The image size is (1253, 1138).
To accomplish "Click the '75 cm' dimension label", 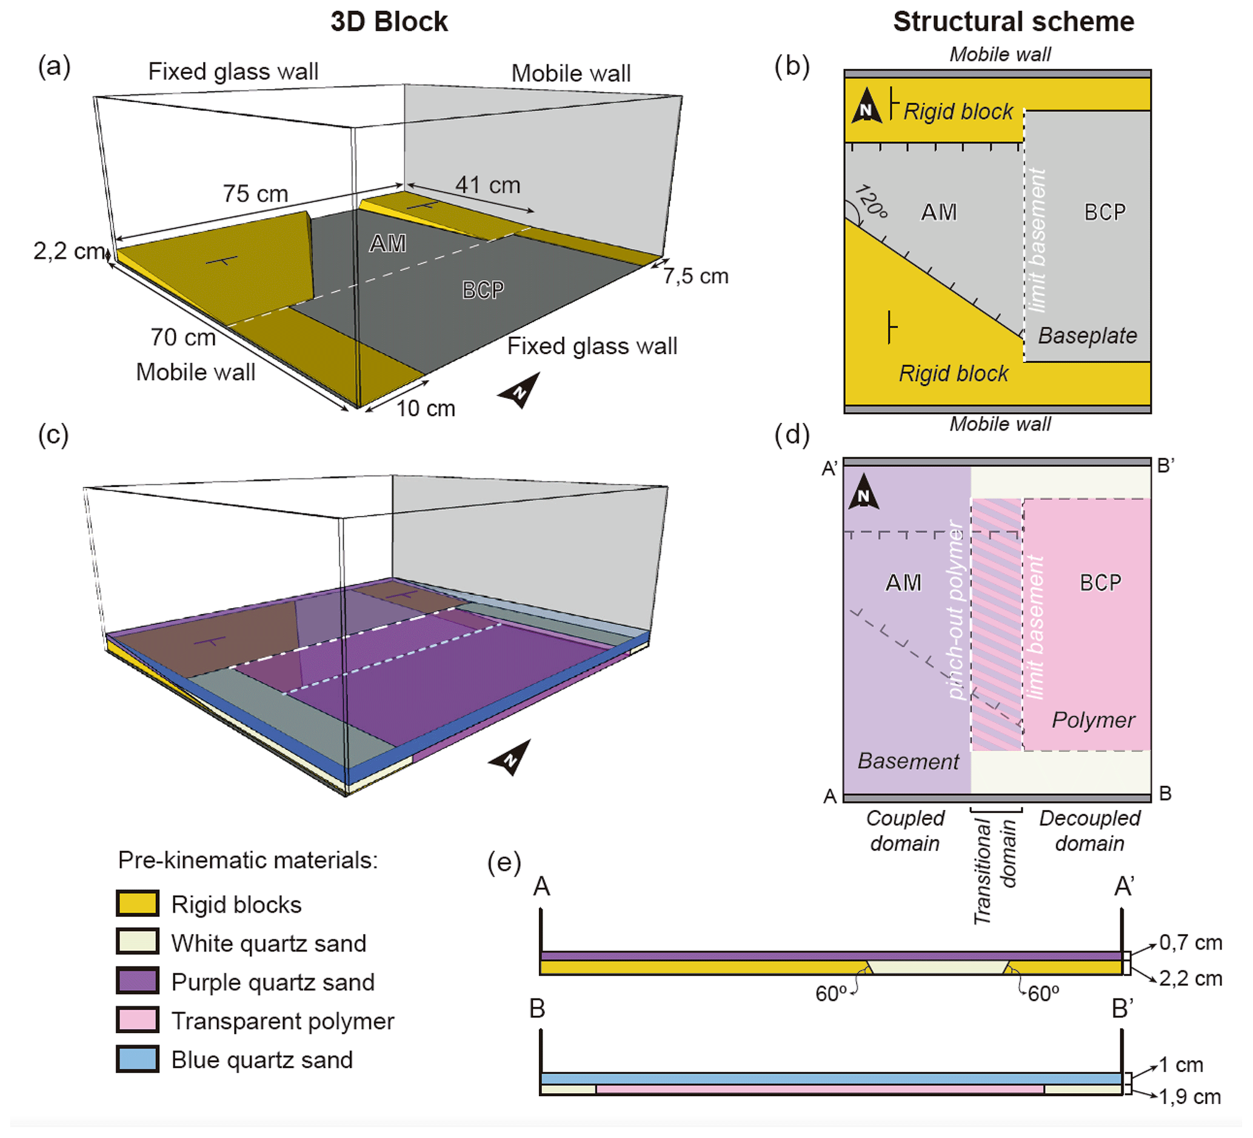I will click(255, 194).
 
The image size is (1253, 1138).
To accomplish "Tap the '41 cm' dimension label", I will click(488, 185).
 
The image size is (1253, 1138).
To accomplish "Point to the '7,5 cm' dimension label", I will click(695, 276).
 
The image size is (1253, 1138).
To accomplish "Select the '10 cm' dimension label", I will click(426, 409).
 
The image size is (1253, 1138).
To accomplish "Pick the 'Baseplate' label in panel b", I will click(1087, 336).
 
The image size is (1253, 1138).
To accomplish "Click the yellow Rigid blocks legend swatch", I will click(138, 904).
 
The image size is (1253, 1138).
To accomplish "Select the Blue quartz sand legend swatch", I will click(138, 1059).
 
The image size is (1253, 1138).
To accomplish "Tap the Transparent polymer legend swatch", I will click(138, 1020).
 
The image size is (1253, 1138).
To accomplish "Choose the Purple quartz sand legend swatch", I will click(138, 982).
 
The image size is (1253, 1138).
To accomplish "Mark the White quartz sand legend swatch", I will click(138, 942).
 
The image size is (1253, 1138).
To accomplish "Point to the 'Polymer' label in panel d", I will click(1093, 720).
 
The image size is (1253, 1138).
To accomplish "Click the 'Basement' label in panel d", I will click(908, 761).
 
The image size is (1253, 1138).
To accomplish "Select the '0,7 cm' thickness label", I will click(1190, 943).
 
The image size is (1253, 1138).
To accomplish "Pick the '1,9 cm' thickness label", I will click(1189, 1097).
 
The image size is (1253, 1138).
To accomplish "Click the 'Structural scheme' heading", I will click(1013, 22).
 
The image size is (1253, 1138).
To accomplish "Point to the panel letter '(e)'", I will click(504, 863).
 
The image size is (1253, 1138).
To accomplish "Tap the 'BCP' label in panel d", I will click(1100, 583).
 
